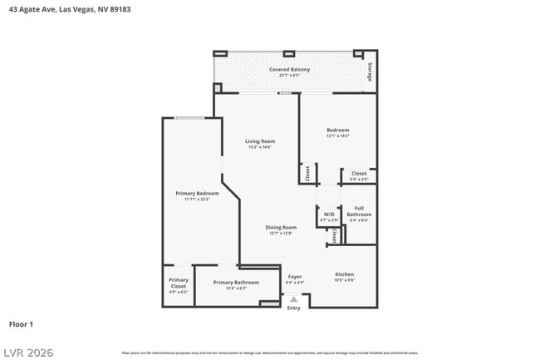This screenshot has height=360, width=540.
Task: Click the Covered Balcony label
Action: [x=289, y=69]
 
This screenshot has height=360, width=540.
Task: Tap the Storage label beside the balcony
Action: [x=370, y=72]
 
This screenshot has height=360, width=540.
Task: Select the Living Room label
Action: [x=259, y=141]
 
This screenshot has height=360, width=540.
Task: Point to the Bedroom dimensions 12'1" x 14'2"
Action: [x=337, y=136]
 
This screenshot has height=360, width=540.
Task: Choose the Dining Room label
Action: [x=281, y=227]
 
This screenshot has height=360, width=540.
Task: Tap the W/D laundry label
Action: [x=329, y=214]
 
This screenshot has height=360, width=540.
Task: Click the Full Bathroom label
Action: [x=359, y=211]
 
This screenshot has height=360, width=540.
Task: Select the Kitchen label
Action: [x=345, y=274]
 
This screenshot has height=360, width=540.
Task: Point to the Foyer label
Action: [x=295, y=276]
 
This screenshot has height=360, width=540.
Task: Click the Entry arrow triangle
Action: [x=293, y=298]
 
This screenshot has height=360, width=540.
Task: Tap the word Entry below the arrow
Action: [x=293, y=308]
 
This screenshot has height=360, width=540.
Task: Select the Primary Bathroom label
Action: [x=236, y=283]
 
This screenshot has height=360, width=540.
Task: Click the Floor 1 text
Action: [x=21, y=323]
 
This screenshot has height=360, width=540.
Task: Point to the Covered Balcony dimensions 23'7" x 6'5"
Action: [x=289, y=76]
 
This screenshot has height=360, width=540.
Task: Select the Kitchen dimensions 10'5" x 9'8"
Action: [x=345, y=280]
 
